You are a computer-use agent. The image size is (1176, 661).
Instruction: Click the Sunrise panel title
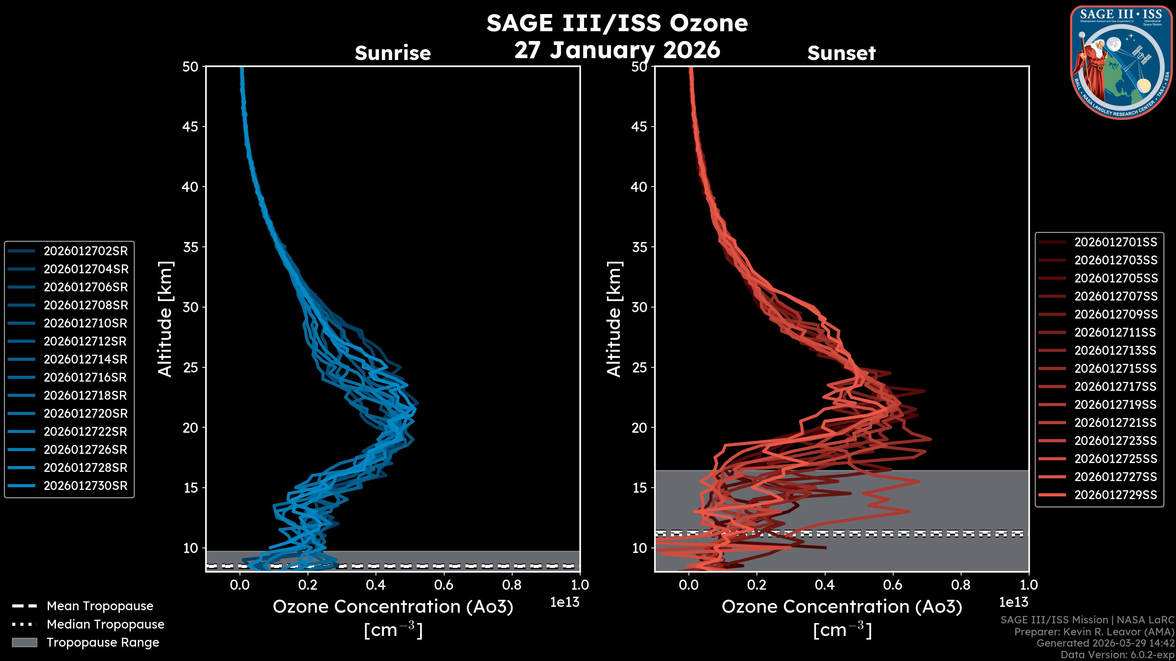[x=393, y=53]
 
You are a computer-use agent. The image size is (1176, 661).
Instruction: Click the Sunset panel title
[x=841, y=53]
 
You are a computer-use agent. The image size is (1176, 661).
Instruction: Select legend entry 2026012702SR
[x=85, y=251]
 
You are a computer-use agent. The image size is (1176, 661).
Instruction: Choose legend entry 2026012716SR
[x=85, y=377]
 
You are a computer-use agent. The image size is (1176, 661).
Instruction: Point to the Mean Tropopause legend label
[x=100, y=606]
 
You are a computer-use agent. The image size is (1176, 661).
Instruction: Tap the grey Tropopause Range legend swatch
[x=24, y=642]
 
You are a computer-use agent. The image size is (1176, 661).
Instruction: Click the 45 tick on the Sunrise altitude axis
[x=190, y=126]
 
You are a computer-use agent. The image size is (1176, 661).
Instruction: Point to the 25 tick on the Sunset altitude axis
[x=639, y=367]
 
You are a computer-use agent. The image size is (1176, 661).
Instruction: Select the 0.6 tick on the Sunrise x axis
[x=444, y=584]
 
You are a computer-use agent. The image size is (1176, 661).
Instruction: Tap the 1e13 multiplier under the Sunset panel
[x=1013, y=602]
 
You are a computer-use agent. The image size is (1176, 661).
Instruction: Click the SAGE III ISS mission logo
[x=1121, y=62]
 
